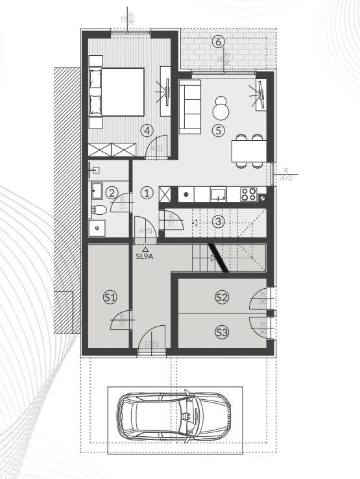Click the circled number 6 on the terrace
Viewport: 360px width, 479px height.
[218, 42]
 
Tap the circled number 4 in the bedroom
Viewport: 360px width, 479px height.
[148, 130]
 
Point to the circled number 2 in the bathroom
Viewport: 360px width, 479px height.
[112, 192]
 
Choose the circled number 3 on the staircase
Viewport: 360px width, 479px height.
[218, 221]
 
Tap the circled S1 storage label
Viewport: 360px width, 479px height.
[110, 297]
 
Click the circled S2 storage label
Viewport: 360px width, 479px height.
[222, 297]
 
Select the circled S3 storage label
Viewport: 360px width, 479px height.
[222, 333]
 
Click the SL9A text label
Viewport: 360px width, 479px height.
[145, 256]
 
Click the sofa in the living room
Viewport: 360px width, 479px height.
[189, 106]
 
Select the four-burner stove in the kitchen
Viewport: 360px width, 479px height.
[248, 193]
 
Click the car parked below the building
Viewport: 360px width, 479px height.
[174, 415]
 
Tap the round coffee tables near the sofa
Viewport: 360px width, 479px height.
[221, 108]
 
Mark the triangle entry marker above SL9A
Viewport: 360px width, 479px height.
[145, 249]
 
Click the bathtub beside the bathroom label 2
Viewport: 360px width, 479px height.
[97, 191]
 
